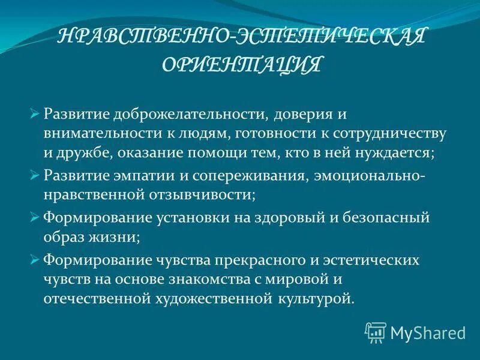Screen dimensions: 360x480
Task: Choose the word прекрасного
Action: tap(252, 261)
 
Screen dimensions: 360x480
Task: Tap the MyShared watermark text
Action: tap(427, 332)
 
